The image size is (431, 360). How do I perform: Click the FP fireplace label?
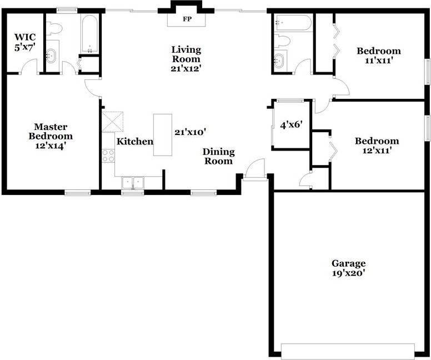pyautogui.click(x=186, y=19)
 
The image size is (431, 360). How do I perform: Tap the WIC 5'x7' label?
pyautogui.click(x=25, y=42)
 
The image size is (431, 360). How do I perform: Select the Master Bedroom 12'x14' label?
pyautogui.click(x=50, y=136)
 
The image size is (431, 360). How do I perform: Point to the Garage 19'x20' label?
pyautogui.click(x=348, y=268)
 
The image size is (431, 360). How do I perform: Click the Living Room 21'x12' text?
pyautogui.click(x=186, y=59)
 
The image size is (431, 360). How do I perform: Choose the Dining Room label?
pyautogui.click(x=218, y=156)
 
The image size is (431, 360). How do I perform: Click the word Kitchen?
pyautogui.click(x=134, y=142)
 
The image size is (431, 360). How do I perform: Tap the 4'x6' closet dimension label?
pyautogui.click(x=290, y=125)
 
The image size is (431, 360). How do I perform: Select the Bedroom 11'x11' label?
pyautogui.click(x=378, y=56)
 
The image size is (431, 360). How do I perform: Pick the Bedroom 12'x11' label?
pyautogui.click(x=377, y=146)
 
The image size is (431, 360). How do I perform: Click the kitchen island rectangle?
pyautogui.click(x=163, y=135)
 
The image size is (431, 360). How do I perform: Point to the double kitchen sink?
pyautogui.click(x=133, y=183)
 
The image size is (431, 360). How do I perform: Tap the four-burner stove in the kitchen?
pyautogui.click(x=108, y=156)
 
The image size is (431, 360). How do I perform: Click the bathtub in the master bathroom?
pyautogui.click(x=89, y=33)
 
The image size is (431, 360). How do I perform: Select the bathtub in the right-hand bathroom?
pyautogui.click(x=293, y=23)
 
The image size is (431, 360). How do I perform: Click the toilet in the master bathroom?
pyautogui.click(x=54, y=28)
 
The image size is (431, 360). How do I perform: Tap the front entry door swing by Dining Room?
pyautogui.click(x=255, y=169)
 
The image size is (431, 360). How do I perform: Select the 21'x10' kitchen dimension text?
pyautogui.click(x=191, y=132)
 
